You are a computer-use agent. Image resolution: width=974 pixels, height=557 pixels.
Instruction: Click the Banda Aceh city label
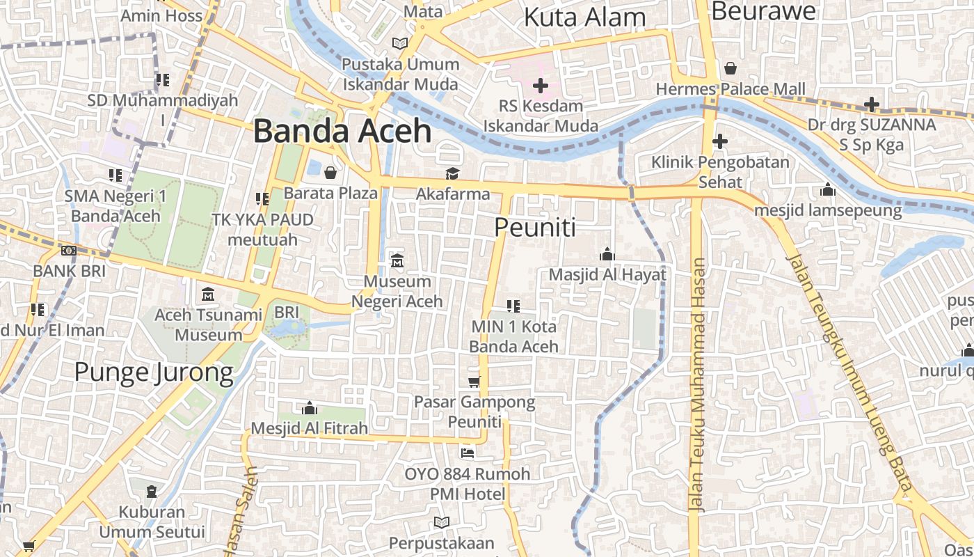point(342,131)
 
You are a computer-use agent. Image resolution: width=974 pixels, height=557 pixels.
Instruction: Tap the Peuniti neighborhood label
point(535,227)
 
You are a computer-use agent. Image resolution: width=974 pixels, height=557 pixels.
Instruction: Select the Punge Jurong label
point(154,372)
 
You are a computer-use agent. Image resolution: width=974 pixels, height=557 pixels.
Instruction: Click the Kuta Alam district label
point(584,17)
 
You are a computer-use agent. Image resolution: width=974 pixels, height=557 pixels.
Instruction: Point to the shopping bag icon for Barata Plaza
point(330,172)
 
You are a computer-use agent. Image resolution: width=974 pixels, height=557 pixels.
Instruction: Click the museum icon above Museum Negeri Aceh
point(397,261)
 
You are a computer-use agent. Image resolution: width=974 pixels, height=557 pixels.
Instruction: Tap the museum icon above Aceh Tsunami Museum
point(208,295)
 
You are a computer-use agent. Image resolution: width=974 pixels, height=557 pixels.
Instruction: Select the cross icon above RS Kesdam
point(540,86)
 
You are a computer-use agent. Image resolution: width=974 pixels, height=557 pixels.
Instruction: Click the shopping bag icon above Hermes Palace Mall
point(730,68)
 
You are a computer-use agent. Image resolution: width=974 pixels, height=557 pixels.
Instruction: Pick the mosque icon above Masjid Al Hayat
point(607,254)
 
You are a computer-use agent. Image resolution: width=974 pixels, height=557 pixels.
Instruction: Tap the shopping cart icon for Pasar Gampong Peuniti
point(474,381)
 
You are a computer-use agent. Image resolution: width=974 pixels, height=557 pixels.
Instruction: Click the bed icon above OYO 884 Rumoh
point(468,453)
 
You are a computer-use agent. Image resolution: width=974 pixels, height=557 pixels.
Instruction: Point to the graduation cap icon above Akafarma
point(453,173)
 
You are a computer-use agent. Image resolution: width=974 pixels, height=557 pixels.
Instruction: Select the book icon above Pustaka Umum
point(400,43)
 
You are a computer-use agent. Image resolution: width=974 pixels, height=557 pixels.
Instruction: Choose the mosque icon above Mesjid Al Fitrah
point(310,407)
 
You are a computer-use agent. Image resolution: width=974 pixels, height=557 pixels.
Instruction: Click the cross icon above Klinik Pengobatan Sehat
point(720,141)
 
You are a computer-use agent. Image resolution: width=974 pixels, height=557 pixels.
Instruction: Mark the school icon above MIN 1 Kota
point(513,306)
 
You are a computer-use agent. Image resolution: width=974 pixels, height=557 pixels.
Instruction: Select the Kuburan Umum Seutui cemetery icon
point(152,492)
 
